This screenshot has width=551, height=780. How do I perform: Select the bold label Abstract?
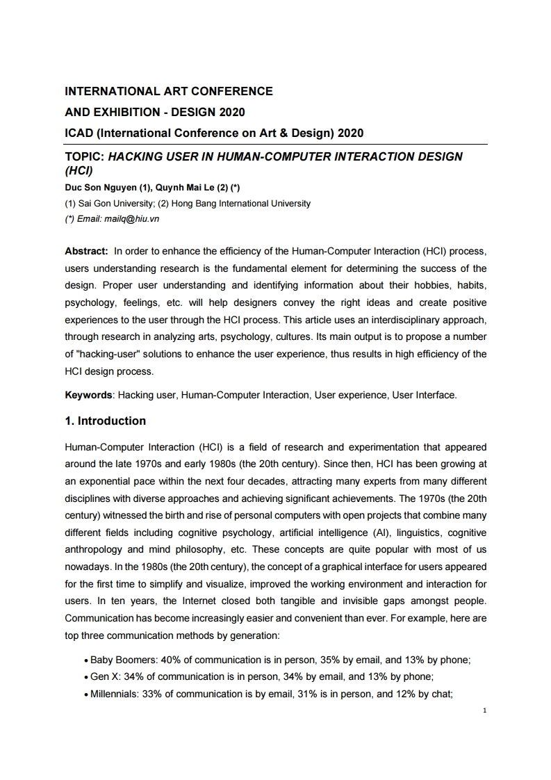coord(86,250)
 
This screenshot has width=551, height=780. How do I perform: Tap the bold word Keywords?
coord(88,395)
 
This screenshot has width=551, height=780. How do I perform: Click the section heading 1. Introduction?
coord(105,421)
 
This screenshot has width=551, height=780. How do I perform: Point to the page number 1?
coord(484,711)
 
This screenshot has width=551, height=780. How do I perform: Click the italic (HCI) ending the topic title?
coord(79,170)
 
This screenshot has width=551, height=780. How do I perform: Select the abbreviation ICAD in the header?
coord(80,133)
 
